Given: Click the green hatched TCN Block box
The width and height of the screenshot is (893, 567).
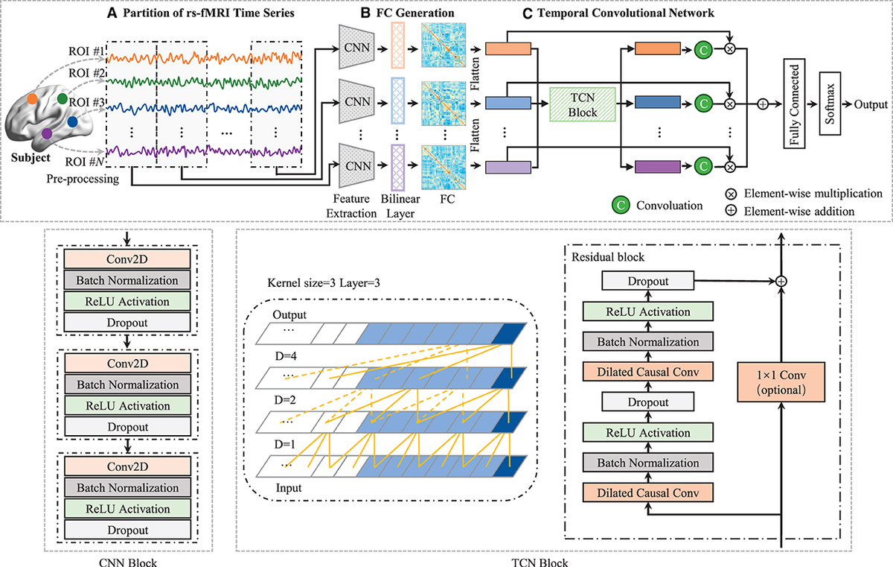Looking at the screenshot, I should coord(583,104).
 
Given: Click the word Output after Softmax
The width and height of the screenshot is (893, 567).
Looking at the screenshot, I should coord(871,104).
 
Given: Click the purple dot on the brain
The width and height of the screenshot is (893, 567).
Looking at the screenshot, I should coord(47,133).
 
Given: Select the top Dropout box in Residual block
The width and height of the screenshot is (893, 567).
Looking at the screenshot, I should coord(637,282).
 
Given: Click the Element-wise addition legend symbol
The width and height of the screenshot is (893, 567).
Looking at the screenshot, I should coord(732,211).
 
